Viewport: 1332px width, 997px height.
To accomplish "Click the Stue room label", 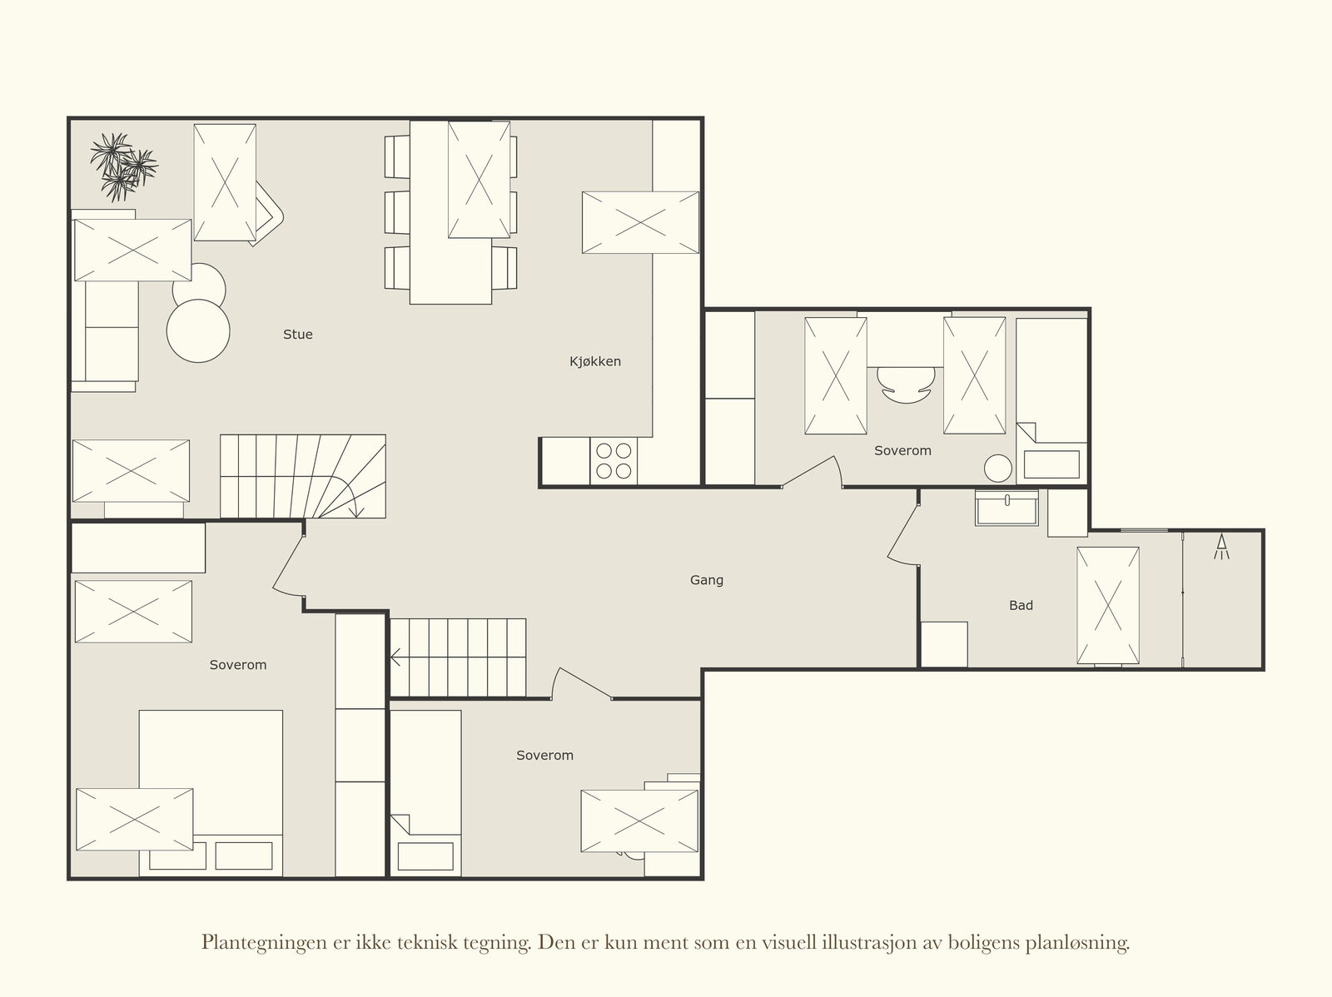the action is pos(297,335).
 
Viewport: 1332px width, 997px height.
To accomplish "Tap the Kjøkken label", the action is pos(594,361).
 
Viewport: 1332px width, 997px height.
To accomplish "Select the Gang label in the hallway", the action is pos(706,580).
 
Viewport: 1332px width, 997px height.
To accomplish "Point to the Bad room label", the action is pos(1021,605).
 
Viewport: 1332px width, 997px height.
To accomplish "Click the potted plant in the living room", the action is pos(123,166).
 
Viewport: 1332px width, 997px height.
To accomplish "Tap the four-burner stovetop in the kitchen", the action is pos(614,461).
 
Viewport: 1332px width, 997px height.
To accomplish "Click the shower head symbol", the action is pos(1221,547).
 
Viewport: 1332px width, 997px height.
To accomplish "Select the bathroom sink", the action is pos(1006,508).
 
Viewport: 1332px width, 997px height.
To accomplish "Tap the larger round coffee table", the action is pos(198,331).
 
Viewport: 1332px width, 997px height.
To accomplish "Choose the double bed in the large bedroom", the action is pos(211,792).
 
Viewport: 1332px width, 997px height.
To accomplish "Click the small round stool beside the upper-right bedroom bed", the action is pos(997,469).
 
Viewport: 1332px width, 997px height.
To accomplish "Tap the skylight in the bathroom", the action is pos(1107,605).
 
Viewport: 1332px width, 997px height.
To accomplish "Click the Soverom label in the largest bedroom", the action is pos(238,665).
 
